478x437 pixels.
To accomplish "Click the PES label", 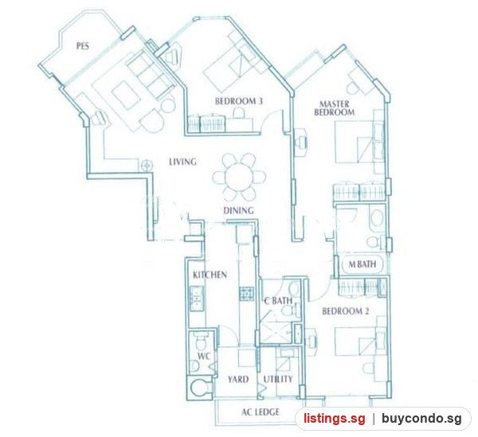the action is (83, 46).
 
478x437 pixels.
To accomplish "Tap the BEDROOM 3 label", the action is (239, 101).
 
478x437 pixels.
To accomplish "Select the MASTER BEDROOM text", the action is (335, 108).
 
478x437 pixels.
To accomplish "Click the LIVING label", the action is (183, 162).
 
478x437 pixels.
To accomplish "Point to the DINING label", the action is (238, 210).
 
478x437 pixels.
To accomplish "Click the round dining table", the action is (239, 178).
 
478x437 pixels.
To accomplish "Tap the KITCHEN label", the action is (210, 275).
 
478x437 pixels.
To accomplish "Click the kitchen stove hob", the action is (246, 294).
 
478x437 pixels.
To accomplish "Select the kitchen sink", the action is (197, 298).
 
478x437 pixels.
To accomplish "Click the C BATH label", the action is (278, 301).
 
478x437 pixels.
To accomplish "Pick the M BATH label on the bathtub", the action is (362, 264).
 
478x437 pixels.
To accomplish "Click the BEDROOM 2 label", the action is (346, 311).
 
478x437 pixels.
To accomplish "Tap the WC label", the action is (204, 356).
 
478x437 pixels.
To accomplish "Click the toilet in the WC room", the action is (201, 341).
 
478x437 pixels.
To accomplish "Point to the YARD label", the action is (238, 379).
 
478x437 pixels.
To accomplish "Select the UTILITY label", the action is (278, 379).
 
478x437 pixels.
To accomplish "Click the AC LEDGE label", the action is (261, 412).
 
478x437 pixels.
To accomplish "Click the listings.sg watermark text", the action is (334, 419).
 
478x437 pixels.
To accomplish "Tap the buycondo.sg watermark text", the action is (421, 419).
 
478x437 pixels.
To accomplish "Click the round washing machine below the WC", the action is (199, 388).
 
